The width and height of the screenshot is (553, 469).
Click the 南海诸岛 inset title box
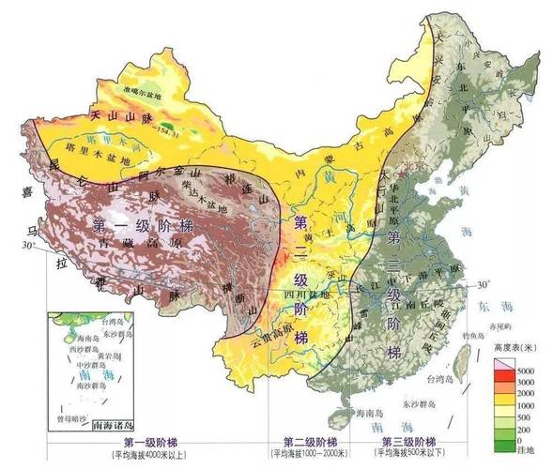pos(110,424)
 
